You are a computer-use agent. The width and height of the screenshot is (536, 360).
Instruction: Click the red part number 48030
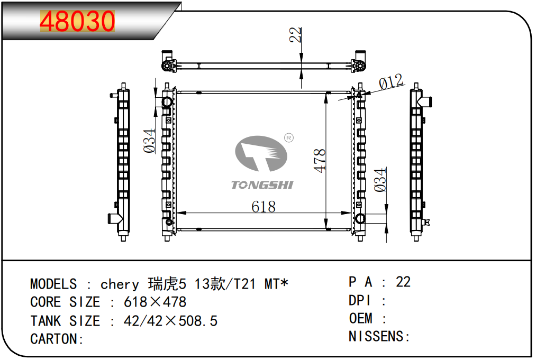(77, 21)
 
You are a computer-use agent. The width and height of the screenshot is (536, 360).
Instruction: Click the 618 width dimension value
(263, 206)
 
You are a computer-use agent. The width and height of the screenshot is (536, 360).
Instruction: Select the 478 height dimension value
(320, 161)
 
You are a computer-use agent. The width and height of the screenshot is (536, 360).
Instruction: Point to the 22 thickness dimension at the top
(295, 35)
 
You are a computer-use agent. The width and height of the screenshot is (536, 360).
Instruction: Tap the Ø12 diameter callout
(391, 82)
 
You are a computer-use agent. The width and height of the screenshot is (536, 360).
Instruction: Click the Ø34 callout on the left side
(149, 141)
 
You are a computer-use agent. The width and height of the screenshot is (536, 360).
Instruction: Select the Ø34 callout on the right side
(380, 180)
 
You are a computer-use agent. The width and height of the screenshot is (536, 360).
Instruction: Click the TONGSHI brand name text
(262, 185)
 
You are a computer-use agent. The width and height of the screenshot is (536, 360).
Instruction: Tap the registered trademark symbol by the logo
(289, 138)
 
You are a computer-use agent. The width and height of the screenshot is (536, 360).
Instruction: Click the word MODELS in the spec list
(53, 284)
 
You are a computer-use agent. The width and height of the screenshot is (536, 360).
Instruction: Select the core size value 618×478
(155, 302)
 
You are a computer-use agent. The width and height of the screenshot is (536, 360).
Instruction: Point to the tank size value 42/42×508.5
(170, 321)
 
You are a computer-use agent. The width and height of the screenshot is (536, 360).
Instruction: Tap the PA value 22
(403, 282)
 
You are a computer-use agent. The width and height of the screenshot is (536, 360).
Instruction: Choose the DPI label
(360, 300)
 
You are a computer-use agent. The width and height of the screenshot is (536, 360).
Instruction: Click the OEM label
(361, 318)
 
